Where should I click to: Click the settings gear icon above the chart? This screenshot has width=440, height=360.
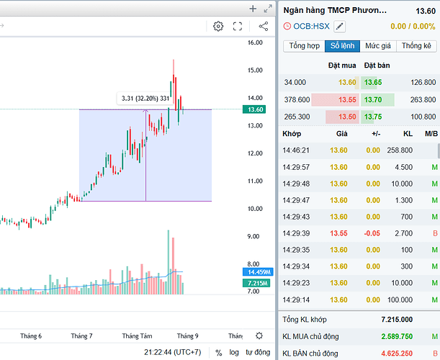(x=218, y=27)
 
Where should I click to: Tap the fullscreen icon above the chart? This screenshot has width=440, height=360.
(x=238, y=27)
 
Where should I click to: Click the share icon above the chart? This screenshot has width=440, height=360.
(x=263, y=27)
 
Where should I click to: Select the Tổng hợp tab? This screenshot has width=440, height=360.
(x=305, y=45)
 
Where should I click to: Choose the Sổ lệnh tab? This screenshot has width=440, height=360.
(x=342, y=45)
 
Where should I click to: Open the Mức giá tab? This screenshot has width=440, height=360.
(x=377, y=45)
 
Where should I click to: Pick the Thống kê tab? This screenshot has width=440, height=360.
(x=416, y=45)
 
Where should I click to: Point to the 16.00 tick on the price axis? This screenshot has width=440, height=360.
(x=254, y=42)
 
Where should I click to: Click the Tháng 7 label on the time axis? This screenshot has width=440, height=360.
(x=82, y=336)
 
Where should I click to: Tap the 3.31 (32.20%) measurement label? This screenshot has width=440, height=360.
(x=145, y=98)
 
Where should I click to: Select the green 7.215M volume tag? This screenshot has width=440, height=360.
(x=256, y=284)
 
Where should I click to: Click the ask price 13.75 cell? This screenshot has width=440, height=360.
(x=373, y=117)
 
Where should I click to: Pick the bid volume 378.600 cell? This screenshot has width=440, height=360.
(x=297, y=99)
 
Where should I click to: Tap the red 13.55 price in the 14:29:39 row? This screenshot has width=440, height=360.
(x=338, y=233)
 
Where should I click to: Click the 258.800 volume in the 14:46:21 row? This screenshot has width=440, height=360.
(x=399, y=150)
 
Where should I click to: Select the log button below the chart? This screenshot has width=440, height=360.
(x=235, y=353)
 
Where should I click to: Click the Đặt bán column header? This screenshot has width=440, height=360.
(x=377, y=66)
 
